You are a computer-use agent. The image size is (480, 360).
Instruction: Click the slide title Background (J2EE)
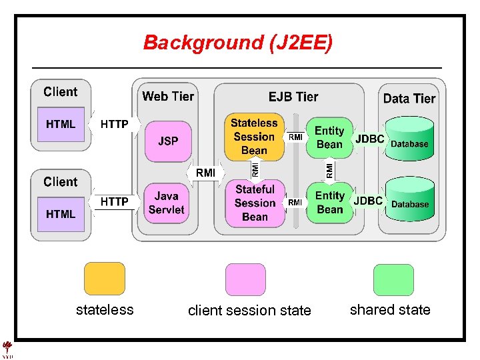237,43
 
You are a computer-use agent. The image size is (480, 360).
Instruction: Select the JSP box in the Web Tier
167,141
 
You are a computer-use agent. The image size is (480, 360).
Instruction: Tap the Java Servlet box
167,203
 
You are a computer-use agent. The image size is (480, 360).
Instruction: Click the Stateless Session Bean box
253,137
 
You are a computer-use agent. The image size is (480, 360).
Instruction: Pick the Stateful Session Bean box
255,203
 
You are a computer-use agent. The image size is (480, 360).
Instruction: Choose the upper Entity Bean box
329,138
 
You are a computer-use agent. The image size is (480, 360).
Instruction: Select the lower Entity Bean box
329,202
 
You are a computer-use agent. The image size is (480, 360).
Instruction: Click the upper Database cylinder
409,141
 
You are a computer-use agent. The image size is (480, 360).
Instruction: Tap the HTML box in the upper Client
61,125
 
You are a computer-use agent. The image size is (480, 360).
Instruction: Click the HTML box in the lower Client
61,214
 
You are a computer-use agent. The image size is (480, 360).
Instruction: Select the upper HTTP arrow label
115,124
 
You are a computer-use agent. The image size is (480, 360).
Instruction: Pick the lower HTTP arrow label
115,201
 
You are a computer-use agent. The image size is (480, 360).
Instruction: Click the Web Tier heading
168,97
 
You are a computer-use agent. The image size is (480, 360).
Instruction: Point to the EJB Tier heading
293,97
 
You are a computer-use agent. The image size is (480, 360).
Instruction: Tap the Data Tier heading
409,99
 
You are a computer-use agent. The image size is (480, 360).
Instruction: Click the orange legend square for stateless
104,279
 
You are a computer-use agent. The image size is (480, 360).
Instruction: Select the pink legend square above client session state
245,279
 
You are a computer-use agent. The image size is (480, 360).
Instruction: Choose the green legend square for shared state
393,279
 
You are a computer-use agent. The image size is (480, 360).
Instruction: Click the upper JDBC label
370,139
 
